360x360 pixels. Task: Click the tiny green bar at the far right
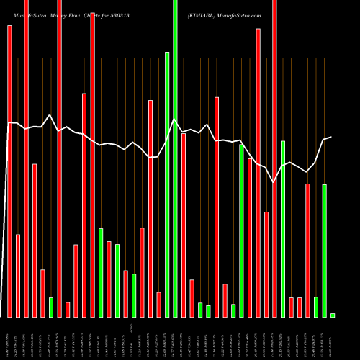tap(333, 315)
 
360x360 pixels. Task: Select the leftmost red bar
tap(10, 171)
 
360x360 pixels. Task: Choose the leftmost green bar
tap(51, 307)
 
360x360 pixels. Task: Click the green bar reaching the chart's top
tap(175, 158)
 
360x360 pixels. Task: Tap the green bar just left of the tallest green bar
tap(167, 184)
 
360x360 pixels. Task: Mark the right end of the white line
tap(330, 137)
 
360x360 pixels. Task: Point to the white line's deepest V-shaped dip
tap(274, 182)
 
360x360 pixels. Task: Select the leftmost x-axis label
tap(10, 338)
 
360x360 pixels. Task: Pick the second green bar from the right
tap(324, 251)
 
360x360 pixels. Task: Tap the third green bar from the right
tap(316, 307)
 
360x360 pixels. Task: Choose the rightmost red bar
tap(307, 251)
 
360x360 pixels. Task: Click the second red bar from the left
tap(18, 276)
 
